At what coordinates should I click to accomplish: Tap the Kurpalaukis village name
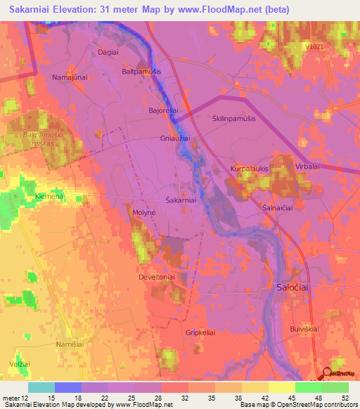(250, 169)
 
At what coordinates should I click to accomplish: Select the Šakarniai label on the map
(180, 201)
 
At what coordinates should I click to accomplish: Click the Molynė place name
(144, 212)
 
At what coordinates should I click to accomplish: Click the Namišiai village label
(72, 344)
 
